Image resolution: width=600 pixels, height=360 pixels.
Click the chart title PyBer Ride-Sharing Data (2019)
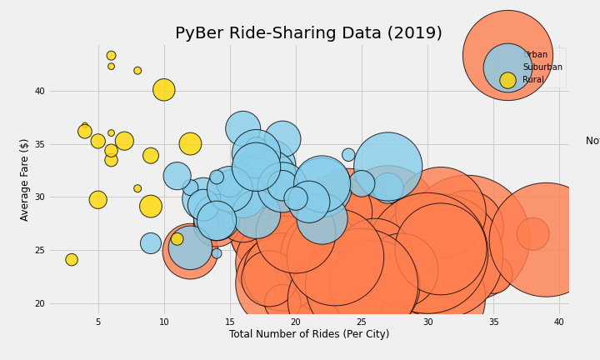(x=308, y=33)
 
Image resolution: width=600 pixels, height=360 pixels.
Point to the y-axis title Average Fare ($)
(x=25, y=179)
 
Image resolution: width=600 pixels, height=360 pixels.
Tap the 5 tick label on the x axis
(x=98, y=322)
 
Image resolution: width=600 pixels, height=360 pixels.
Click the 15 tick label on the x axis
(x=230, y=322)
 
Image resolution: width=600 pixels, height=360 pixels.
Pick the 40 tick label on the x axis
(x=559, y=322)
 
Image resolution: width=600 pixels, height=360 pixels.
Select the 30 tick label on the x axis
(x=427, y=322)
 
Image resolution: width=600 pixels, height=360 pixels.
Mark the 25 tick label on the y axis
(x=39, y=251)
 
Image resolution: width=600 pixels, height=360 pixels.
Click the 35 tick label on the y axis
(x=39, y=144)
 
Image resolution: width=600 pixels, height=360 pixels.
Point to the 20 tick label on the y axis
(x=39, y=304)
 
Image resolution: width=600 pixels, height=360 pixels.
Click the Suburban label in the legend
(x=542, y=67)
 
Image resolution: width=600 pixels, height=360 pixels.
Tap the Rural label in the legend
(x=533, y=80)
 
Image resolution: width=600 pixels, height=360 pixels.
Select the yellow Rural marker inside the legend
(x=507, y=80)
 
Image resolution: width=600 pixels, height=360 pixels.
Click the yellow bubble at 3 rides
(x=72, y=260)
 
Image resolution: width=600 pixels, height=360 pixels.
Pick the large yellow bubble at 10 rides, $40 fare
(x=164, y=89)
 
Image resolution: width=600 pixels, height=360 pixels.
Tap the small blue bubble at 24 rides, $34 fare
(x=348, y=155)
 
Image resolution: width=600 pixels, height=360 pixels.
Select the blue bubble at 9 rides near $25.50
(x=151, y=243)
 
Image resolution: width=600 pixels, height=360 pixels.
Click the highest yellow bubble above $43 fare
(x=111, y=56)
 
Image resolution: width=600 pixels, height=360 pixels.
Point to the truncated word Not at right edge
(x=592, y=141)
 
